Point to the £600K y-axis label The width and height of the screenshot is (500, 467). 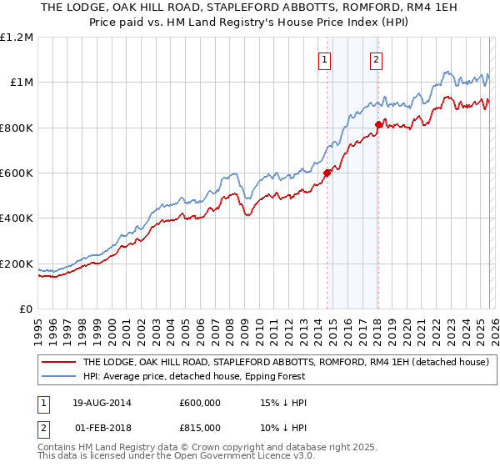(x=17, y=173)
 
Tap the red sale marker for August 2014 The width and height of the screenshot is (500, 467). (x=327, y=173)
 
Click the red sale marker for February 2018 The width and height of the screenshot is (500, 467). (x=377, y=124)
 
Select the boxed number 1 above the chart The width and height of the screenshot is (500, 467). (x=322, y=59)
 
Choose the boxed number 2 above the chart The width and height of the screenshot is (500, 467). (x=377, y=59)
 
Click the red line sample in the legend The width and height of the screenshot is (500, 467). (x=58, y=363)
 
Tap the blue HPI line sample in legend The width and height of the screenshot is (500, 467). (x=58, y=376)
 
